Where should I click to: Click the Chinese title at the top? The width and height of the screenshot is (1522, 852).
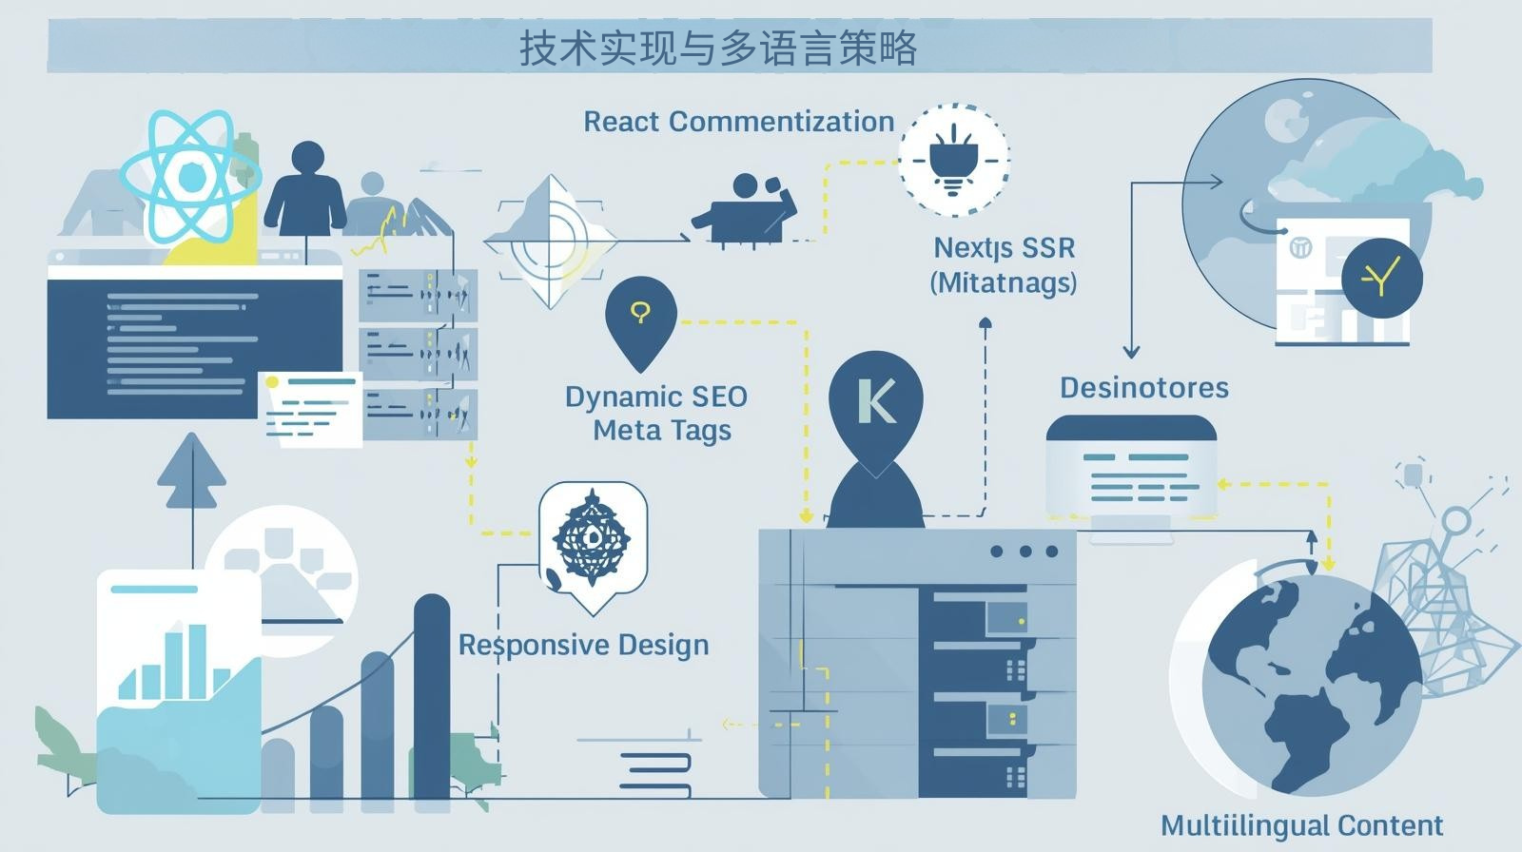click(718, 48)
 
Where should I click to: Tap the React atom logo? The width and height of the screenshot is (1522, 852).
click(190, 179)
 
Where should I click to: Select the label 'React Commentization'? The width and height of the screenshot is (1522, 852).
click(738, 122)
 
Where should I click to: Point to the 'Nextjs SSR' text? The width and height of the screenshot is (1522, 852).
click(1004, 248)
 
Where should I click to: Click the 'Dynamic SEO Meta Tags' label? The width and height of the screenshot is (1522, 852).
click(657, 413)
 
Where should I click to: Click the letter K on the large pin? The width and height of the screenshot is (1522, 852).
click(875, 401)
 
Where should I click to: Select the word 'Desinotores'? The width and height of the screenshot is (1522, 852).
click(1143, 388)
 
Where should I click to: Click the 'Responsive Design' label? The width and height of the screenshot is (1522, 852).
click(583, 645)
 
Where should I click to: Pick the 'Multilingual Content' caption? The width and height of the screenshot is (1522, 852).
click(1301, 824)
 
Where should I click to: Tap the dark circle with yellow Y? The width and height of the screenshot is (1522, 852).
click(1381, 278)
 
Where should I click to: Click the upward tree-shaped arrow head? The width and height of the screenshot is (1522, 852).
click(191, 471)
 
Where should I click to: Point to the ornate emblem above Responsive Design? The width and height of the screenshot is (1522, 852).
click(592, 539)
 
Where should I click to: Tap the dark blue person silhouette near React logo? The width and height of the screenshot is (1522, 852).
click(305, 190)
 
